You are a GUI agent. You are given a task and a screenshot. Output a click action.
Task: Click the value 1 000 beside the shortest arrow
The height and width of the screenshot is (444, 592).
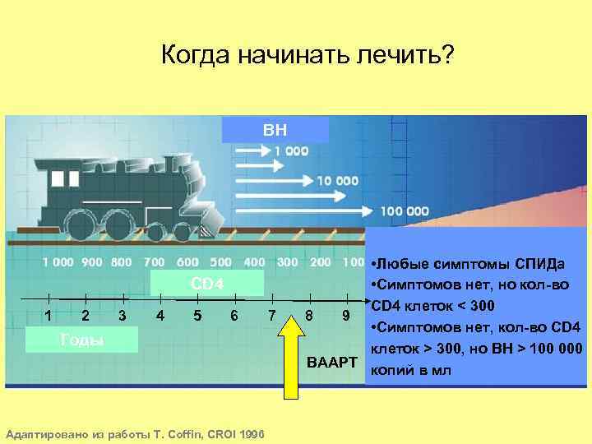(x=291, y=151)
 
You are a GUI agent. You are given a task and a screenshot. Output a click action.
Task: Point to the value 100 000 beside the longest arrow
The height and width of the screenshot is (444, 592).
(x=404, y=211)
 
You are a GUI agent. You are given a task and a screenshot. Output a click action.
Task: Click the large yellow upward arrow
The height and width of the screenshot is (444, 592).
(x=292, y=349)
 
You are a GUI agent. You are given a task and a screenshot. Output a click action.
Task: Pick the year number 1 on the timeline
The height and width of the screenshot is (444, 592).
(x=49, y=316)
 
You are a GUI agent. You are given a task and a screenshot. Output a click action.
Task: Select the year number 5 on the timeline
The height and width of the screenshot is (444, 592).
(x=198, y=316)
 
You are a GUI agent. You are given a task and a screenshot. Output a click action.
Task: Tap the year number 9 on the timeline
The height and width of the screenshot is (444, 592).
(x=346, y=316)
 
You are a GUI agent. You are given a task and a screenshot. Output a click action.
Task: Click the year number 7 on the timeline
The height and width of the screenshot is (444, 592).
(x=271, y=316)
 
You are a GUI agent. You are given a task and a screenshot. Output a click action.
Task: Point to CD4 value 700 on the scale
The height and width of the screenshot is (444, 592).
(x=154, y=262)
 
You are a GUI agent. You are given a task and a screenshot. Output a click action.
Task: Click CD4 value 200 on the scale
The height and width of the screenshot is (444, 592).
(x=321, y=262)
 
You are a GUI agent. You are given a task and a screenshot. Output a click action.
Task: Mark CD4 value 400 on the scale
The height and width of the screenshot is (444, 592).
(x=254, y=262)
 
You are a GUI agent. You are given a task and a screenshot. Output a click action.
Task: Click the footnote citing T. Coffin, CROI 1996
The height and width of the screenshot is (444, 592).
(x=135, y=433)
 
